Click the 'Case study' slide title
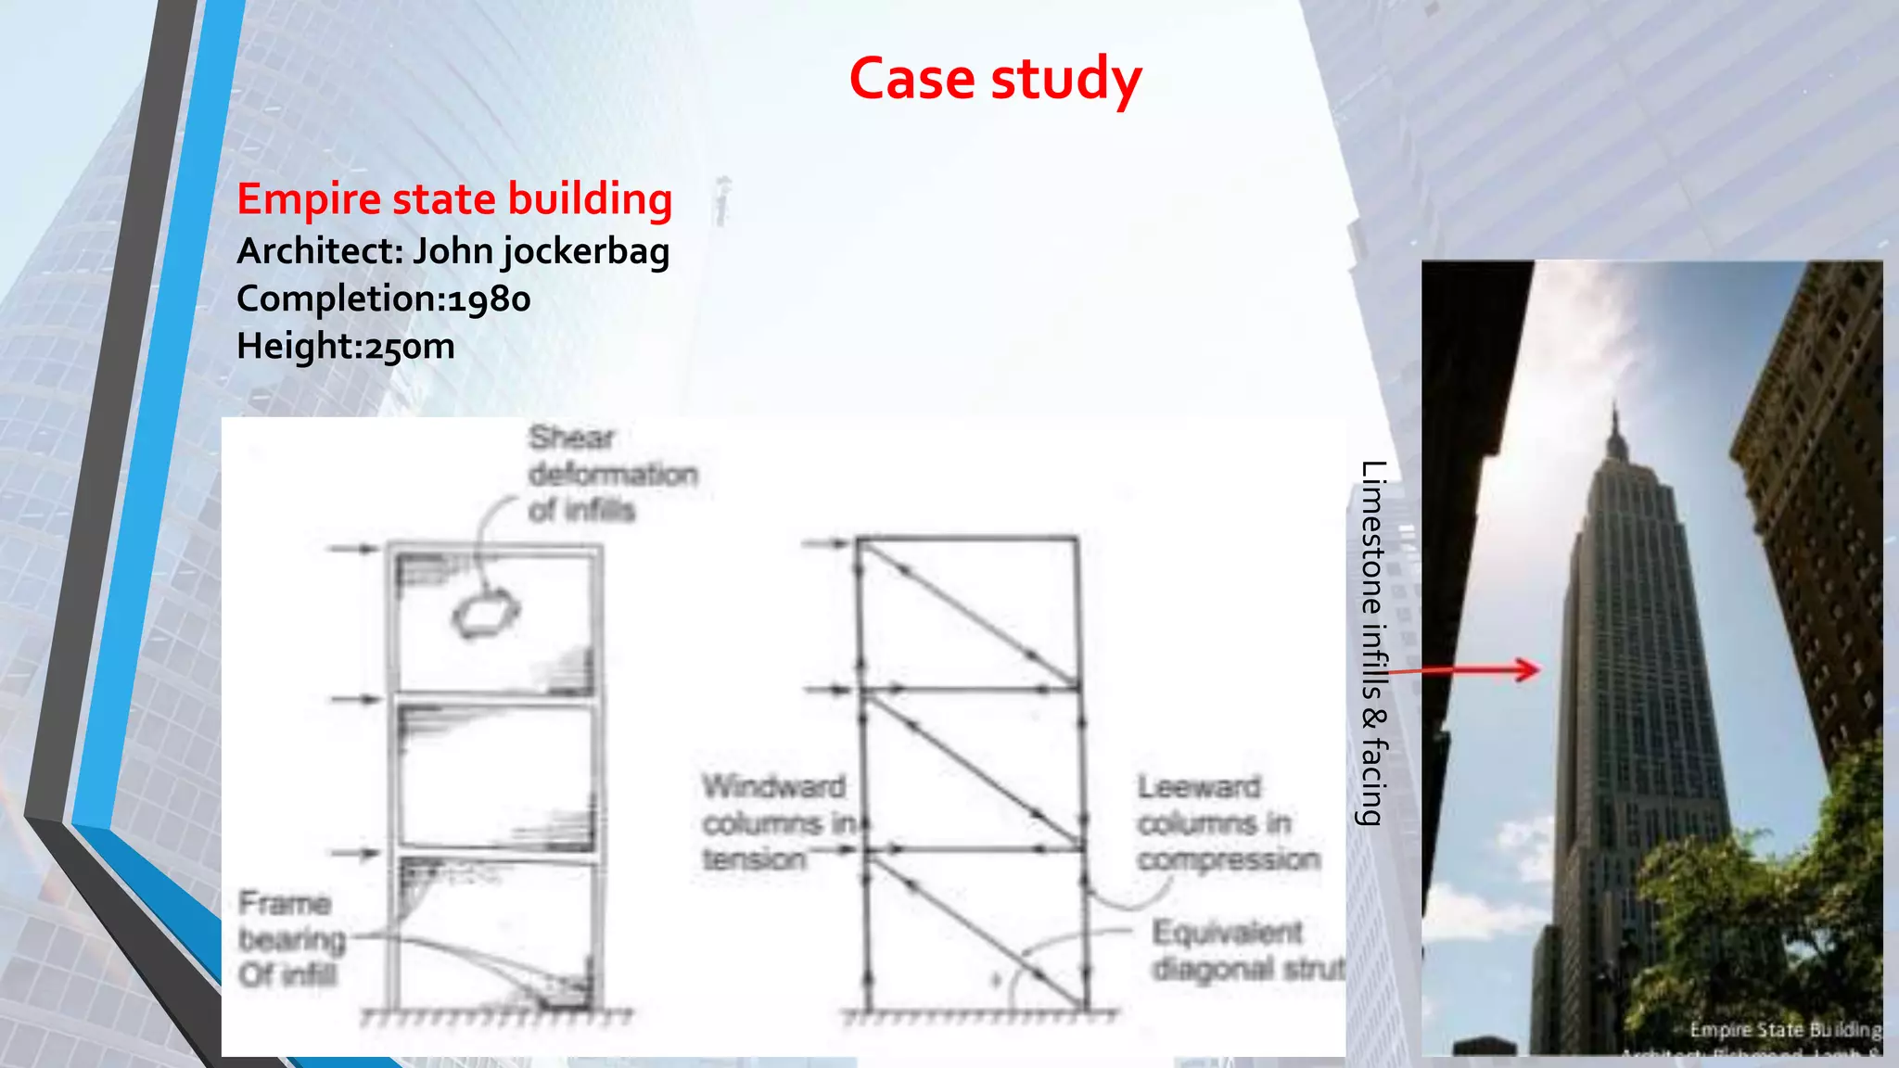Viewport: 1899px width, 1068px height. (x=995, y=79)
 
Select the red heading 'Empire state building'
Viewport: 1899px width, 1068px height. (x=454, y=199)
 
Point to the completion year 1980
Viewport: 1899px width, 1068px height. (x=490, y=299)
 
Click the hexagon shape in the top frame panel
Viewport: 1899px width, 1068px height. (x=485, y=614)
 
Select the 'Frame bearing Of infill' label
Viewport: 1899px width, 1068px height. (x=289, y=938)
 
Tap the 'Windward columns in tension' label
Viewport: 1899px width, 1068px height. (x=774, y=823)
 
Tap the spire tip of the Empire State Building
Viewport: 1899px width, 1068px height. (x=1614, y=408)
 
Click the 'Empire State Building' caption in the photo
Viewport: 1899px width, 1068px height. (x=1784, y=1030)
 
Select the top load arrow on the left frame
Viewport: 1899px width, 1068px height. (x=354, y=549)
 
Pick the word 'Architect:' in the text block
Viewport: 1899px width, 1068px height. (x=319, y=252)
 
